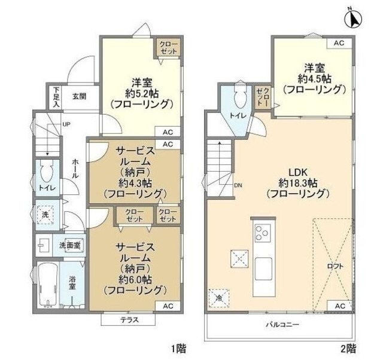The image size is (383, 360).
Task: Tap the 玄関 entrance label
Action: pos(80,95)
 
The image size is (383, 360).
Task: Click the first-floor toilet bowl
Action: pos(45,173)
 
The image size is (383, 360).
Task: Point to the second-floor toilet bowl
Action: pos(239,97)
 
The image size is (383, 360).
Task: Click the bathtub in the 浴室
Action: pos(45,286)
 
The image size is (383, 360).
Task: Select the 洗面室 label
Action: pos(70,245)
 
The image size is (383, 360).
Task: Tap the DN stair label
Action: pos(238,185)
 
